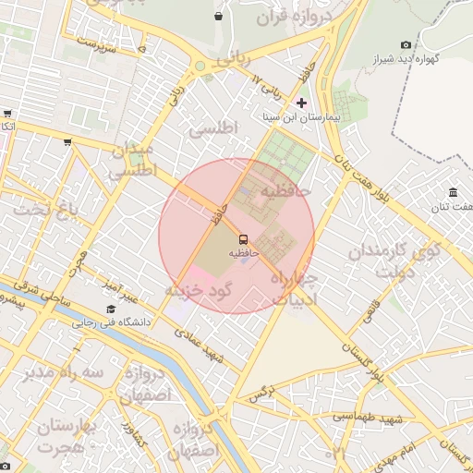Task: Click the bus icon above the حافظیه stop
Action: pyautogui.click(x=244, y=239)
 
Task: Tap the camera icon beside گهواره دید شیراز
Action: pyautogui.click(x=406, y=44)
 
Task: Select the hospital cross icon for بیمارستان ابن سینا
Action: pyautogui.click(x=301, y=102)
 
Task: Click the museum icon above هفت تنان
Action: pyautogui.click(x=453, y=192)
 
